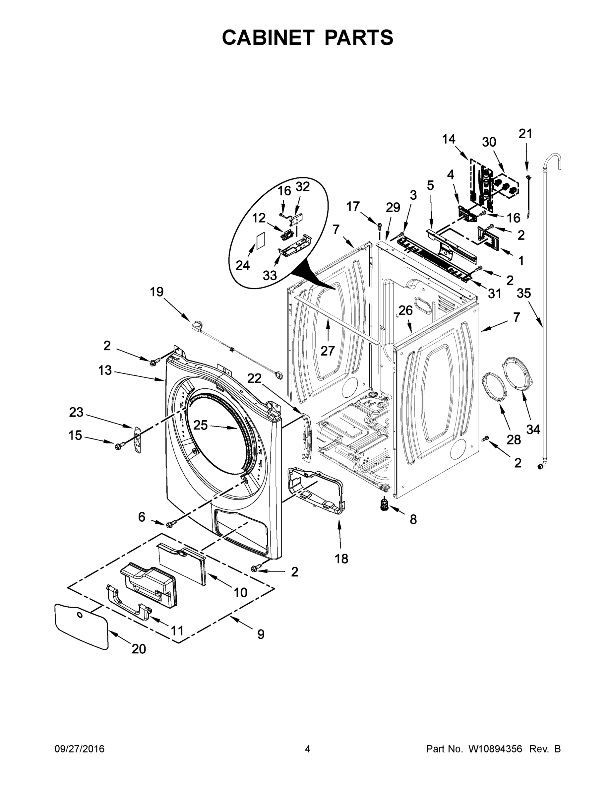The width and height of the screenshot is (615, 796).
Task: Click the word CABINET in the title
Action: click(268, 37)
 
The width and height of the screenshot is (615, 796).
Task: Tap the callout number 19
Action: click(157, 292)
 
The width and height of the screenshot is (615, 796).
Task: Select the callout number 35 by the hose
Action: click(524, 293)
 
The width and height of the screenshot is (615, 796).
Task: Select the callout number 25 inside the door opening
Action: click(200, 425)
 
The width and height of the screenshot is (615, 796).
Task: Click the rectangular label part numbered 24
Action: click(260, 241)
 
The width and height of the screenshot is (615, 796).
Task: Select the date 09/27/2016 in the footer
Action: click(80, 749)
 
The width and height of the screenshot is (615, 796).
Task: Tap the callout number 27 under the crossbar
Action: click(328, 351)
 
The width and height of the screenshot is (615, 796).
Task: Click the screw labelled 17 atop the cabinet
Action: click(379, 225)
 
